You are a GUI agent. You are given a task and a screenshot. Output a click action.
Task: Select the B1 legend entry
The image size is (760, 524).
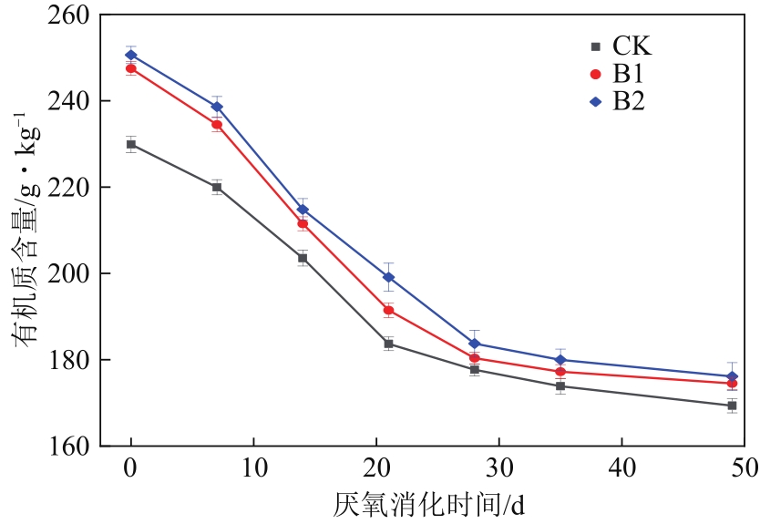[621, 74]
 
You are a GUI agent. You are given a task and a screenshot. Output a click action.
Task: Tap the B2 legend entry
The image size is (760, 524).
[621, 102]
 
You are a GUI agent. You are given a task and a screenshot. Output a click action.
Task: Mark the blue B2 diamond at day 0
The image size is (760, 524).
[131, 56]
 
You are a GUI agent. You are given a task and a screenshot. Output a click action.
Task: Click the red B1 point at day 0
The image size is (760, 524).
[131, 68]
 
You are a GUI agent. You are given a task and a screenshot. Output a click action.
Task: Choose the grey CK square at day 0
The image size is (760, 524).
[131, 144]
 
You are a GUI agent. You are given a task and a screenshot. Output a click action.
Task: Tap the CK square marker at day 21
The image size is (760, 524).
[388, 344]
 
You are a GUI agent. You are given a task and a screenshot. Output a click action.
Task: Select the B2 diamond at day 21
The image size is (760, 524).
[388, 277]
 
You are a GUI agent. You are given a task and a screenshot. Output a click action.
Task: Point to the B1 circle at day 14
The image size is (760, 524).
[303, 223]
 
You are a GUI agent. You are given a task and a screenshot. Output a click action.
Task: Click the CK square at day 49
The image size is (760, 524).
[732, 406]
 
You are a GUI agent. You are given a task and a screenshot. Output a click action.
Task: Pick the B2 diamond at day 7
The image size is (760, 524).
[217, 107]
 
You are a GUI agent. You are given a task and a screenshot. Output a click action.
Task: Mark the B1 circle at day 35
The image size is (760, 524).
[560, 372]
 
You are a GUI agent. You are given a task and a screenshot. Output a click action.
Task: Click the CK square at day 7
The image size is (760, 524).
[217, 188]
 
